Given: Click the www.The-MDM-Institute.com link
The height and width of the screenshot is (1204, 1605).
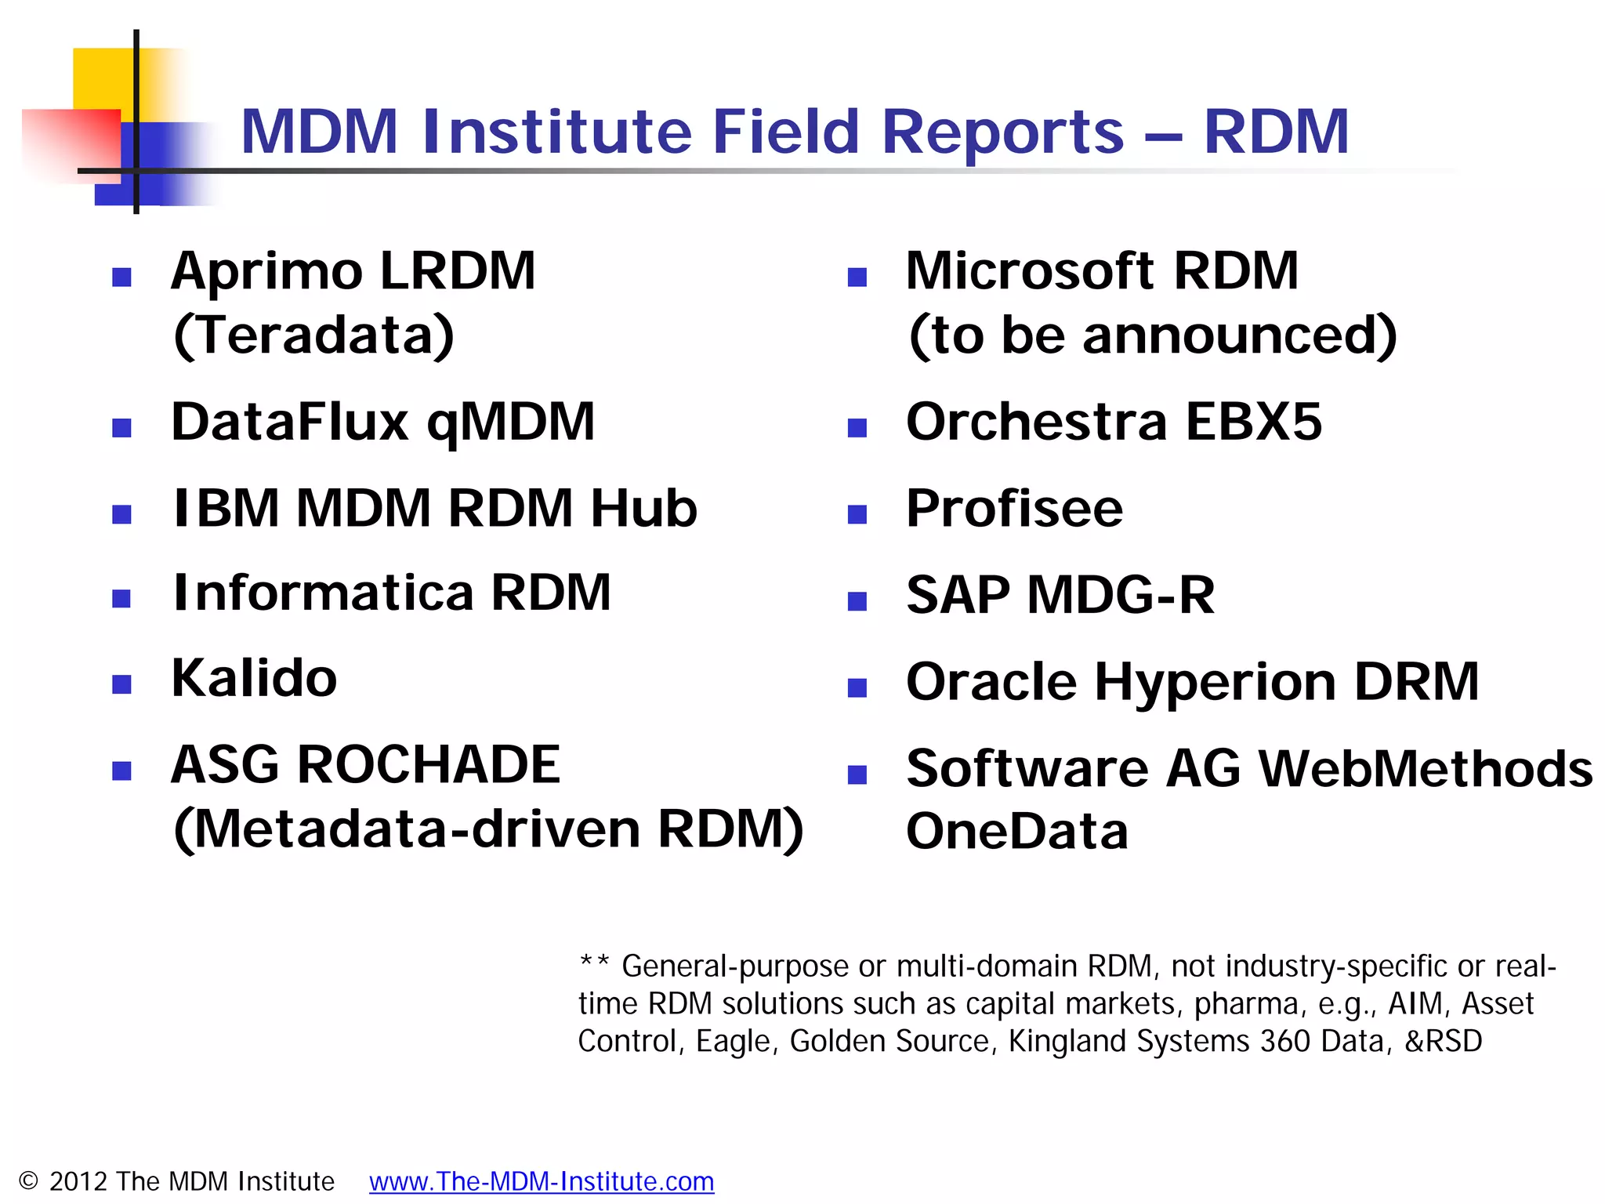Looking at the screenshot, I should (542, 1181).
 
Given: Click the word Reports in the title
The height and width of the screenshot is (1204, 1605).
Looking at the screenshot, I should (1003, 132).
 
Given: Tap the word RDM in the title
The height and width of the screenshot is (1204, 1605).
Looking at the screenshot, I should (1276, 132).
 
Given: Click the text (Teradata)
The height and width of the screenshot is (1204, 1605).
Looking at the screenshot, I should (313, 335).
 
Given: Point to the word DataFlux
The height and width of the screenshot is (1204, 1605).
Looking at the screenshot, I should (289, 422).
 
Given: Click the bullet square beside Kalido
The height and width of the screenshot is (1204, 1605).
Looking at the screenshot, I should (121, 684).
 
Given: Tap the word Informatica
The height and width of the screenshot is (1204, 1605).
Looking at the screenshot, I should (323, 593).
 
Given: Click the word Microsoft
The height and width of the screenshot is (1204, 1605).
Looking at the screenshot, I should (1029, 271).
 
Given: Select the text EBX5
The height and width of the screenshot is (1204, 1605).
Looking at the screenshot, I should (1253, 422).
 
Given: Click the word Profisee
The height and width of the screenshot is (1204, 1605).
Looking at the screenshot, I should (1014, 509).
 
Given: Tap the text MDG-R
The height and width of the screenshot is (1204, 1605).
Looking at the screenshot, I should (1121, 595).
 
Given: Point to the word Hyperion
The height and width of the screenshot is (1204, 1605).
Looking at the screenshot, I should (1215, 682).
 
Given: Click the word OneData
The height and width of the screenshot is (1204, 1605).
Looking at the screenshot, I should (1016, 831).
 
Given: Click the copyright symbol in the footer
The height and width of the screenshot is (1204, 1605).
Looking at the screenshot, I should (28, 1181).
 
